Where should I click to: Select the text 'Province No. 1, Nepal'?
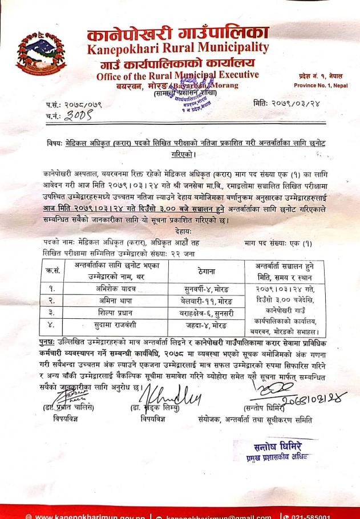pyautogui.click(x=321, y=86)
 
